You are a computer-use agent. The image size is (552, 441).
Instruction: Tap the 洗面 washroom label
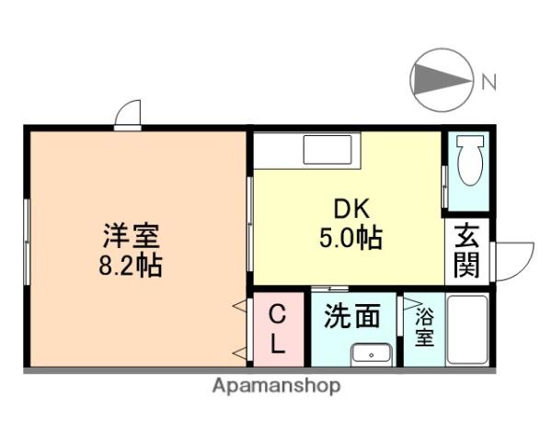[351, 317]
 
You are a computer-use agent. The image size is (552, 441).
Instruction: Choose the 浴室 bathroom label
[423, 328]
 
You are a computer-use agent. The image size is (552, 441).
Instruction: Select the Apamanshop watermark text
[276, 386]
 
